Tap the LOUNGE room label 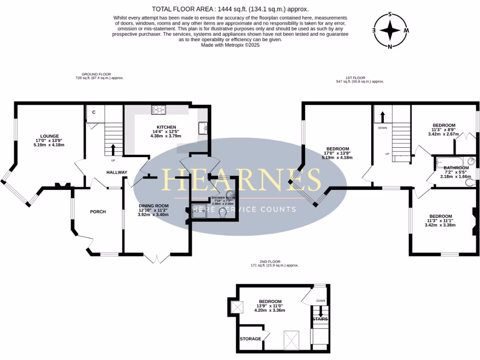click(49, 135)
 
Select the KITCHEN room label click(166, 127)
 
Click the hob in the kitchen click(158, 110)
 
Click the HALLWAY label click(117, 172)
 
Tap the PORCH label click(98, 212)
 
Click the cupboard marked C click(94, 112)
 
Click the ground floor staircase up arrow click(112, 149)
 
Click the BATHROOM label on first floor click(456, 168)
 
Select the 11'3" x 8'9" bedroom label click(443, 125)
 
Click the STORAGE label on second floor click(250, 339)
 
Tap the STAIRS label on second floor click(320, 319)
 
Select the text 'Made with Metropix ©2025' click(230, 45)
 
